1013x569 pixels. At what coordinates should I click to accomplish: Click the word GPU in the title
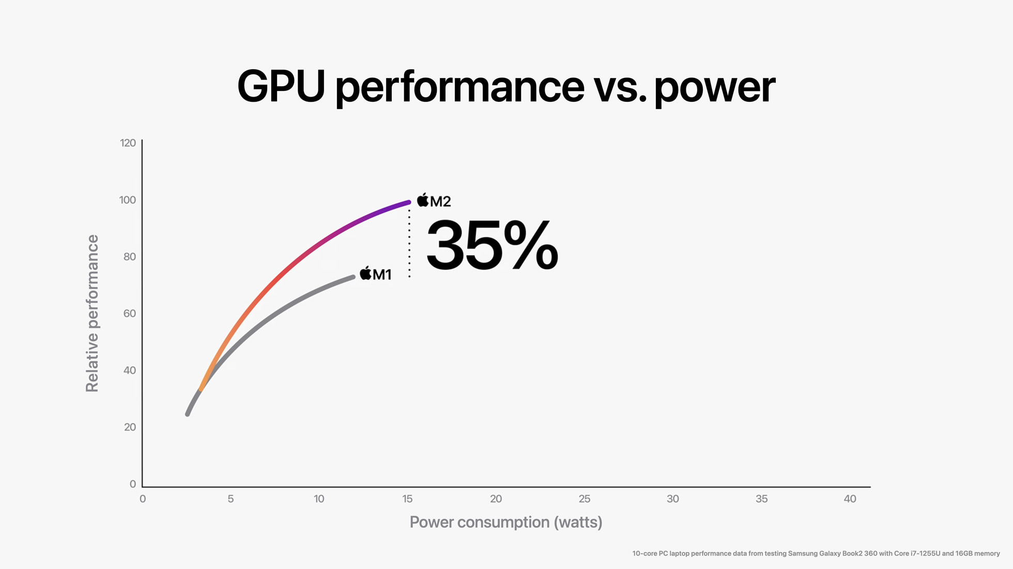point(281,87)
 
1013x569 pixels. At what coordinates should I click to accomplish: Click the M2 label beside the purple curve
point(440,201)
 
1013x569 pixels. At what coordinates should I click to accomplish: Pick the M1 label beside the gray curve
point(382,275)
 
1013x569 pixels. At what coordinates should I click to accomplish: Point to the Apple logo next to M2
point(423,200)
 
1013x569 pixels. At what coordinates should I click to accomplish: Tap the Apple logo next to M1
point(365,273)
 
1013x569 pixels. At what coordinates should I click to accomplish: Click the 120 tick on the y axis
point(128,143)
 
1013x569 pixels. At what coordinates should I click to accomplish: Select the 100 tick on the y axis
point(127,200)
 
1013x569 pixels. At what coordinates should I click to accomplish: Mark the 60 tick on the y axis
point(129,313)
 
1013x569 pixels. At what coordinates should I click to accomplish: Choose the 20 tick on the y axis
point(130,427)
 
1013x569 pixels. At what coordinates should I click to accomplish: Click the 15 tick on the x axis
point(407,499)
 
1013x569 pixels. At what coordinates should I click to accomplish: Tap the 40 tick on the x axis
point(850,499)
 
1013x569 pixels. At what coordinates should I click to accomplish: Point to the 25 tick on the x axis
point(584,499)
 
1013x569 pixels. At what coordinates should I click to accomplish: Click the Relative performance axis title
point(92,313)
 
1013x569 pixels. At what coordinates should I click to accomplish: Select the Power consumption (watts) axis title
point(505,522)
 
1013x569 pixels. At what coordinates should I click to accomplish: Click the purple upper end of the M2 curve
point(407,203)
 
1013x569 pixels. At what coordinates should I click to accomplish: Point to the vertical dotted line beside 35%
point(409,243)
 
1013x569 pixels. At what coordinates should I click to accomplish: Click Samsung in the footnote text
point(803,554)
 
